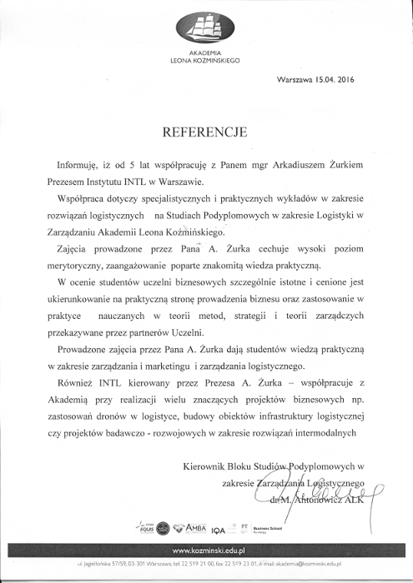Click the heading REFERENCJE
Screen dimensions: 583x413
coord(206,131)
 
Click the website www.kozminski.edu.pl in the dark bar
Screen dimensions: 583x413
coord(206,551)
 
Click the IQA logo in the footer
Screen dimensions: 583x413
coord(219,530)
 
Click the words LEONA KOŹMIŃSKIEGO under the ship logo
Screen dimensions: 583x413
coord(205,61)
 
